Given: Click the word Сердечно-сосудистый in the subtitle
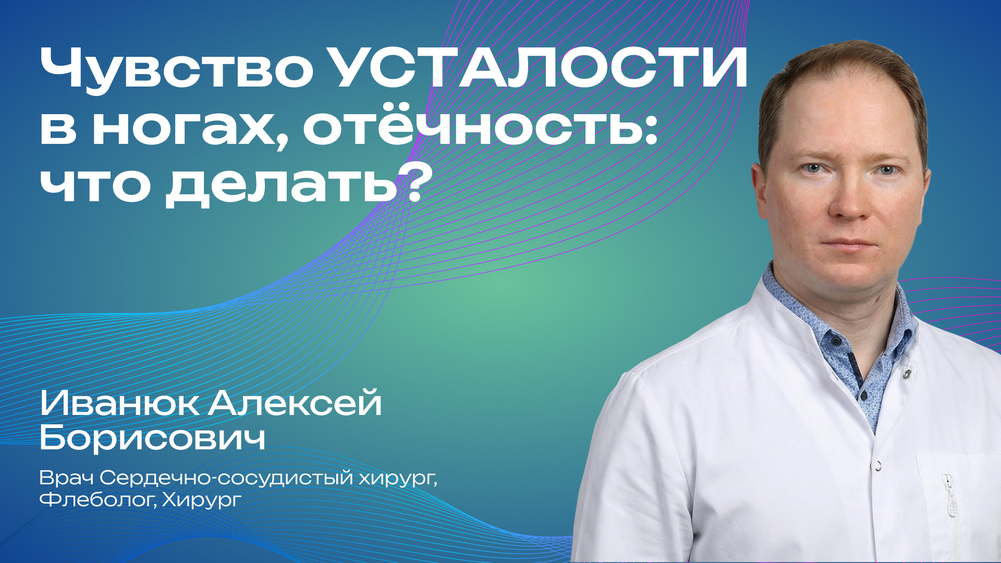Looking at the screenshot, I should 227,478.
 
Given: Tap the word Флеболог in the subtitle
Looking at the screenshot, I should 96,500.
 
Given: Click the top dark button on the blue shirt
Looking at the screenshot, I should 836,340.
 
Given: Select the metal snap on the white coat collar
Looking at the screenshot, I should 908,373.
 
